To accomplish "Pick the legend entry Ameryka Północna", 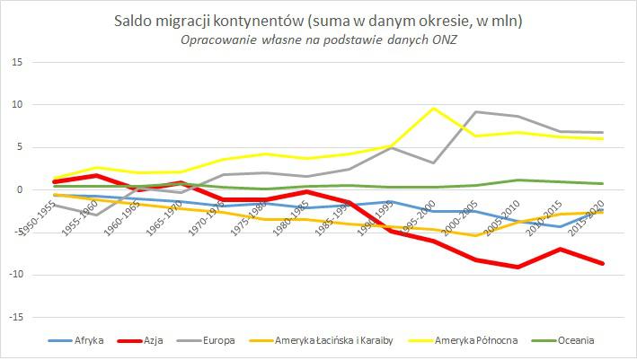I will tap(474, 340).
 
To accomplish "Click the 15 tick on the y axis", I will tap(17, 62).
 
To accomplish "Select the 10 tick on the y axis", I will tap(17, 104).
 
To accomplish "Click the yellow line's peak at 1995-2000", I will tap(435, 108).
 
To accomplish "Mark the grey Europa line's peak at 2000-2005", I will tap(475, 111).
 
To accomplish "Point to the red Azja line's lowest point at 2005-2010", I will tap(517, 267).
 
